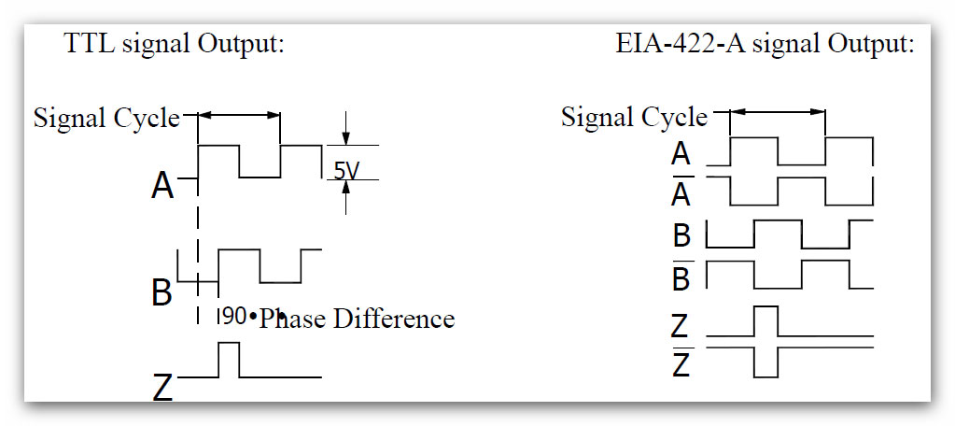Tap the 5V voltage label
click(346, 171)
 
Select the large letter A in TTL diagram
click(162, 187)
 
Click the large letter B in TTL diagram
click(162, 292)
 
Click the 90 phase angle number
click(234, 317)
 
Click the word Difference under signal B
click(394, 319)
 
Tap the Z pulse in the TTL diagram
click(229, 359)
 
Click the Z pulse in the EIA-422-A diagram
click(765, 320)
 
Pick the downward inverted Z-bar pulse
click(765, 362)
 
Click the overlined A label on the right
click(681, 193)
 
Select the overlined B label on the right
click(682, 277)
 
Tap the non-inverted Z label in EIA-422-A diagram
click(681, 325)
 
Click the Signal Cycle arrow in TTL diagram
click(239, 115)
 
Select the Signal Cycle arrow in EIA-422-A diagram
click(777, 113)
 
